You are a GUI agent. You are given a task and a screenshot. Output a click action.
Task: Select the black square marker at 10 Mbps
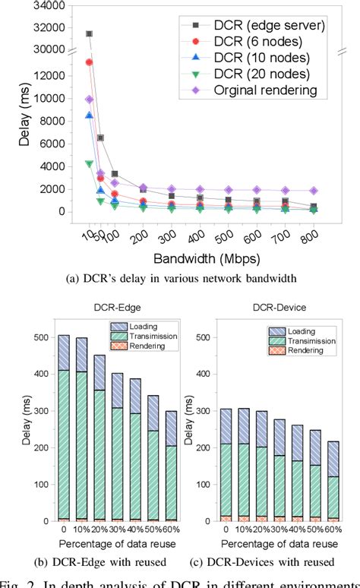pyautogui.click(x=90, y=34)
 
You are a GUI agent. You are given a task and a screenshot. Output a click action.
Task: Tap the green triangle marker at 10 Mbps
pyautogui.click(x=90, y=163)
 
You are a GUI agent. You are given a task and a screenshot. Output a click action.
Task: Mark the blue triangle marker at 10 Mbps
pyautogui.click(x=90, y=115)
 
